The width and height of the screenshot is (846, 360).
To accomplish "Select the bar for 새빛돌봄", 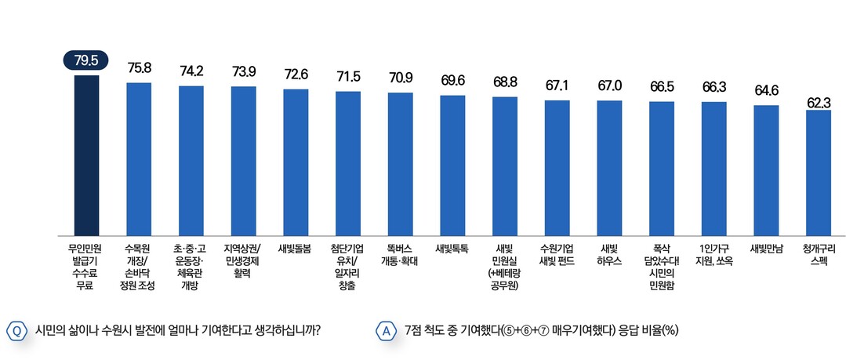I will click(296, 162).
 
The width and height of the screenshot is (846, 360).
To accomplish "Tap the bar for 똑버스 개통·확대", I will click(400, 164).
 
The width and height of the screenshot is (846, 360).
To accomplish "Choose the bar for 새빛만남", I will click(766, 170).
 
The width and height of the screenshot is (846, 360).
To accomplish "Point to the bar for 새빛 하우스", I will click(609, 168).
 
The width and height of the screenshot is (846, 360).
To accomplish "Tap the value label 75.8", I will click(139, 68).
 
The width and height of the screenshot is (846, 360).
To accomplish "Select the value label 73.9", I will click(244, 72).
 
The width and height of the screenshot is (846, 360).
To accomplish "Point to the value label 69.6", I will click(452, 81).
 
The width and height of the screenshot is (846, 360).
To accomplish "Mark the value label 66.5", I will click(662, 86).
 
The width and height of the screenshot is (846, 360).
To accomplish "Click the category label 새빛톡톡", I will click(452, 249).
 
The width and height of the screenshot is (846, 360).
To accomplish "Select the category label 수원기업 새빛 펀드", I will click(557, 255).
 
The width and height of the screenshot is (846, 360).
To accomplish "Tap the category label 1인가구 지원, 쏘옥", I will click(713, 255).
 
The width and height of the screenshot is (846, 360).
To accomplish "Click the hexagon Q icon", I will click(16, 331).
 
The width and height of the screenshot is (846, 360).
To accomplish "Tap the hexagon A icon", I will click(386, 331).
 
